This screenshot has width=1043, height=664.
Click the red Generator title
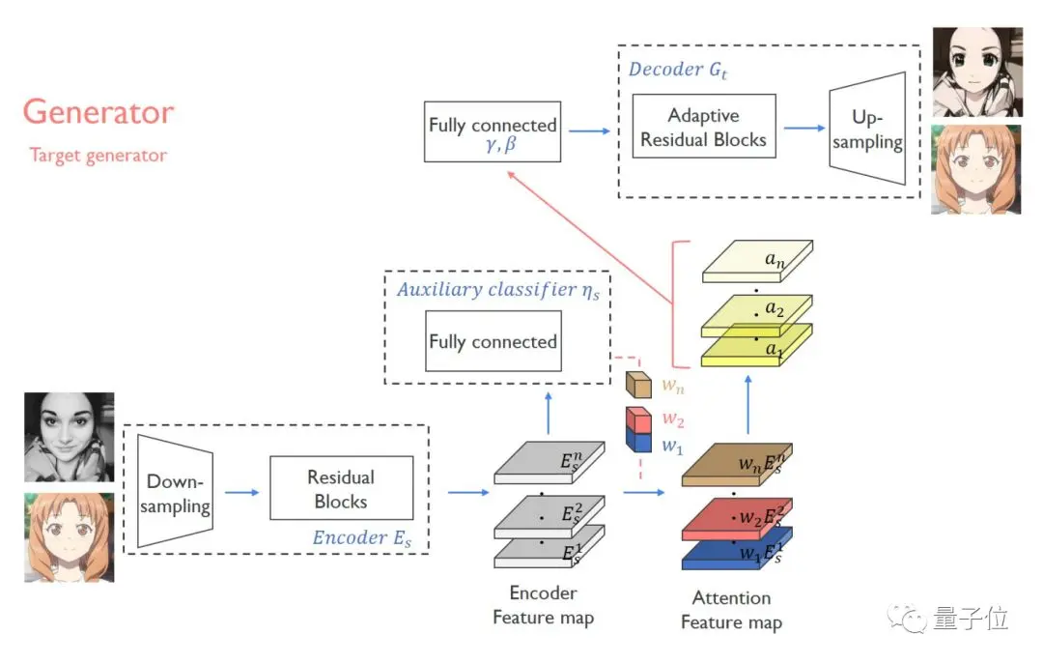pyautogui.click(x=99, y=112)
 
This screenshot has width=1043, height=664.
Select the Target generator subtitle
pyautogui.click(x=98, y=156)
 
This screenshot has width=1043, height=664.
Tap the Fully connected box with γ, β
pyautogui.click(x=493, y=131)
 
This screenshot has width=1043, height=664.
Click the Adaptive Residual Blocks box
pyautogui.click(x=704, y=127)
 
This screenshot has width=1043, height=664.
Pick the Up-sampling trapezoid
pyautogui.click(x=867, y=129)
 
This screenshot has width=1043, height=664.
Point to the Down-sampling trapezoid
pyautogui.click(x=175, y=491)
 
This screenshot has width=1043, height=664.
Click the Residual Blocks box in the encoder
pyautogui.click(x=341, y=488)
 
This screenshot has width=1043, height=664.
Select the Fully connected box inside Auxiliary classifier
pyautogui.click(x=493, y=341)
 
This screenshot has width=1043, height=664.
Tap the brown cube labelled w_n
pyautogui.click(x=638, y=385)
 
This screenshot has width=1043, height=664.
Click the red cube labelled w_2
pyautogui.click(x=638, y=420)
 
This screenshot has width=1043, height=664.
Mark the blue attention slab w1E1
pyautogui.click(x=737, y=550)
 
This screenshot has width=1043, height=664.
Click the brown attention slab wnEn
pyautogui.click(x=737, y=465)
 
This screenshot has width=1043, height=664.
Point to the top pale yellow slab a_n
pyautogui.click(x=757, y=261)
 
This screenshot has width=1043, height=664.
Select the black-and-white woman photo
pyautogui.click(x=70, y=437)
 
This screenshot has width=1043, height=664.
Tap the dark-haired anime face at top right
pyautogui.click(x=977, y=72)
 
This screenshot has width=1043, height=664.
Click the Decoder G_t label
pyautogui.click(x=678, y=70)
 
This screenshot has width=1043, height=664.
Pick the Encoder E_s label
pyautogui.click(x=362, y=538)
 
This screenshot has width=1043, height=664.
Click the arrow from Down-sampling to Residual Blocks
pyautogui.click(x=241, y=492)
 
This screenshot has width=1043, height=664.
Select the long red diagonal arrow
pyautogui.click(x=590, y=237)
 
